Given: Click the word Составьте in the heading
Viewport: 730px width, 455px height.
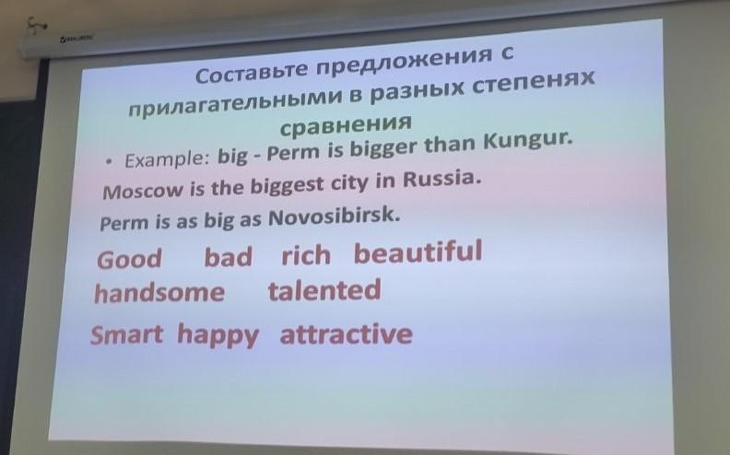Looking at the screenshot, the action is pos(252,72).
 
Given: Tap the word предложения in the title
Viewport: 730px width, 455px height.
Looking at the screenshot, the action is pos(404,61).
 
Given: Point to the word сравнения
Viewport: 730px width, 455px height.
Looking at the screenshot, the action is pos(346,124).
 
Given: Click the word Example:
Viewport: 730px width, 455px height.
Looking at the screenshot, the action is pos(167,159).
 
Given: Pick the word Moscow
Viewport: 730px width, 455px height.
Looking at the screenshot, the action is pos(143,191).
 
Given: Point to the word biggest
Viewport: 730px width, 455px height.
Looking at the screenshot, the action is pos(287,186).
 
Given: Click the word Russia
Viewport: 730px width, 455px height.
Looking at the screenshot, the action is pos(441,179).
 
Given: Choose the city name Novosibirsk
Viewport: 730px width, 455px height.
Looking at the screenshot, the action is pos(335,217).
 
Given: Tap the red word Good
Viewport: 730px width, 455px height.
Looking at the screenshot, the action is pos(129,259).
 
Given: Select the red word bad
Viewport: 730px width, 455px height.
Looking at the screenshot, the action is pos(229,257).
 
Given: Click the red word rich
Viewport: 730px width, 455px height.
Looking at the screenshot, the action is pos(306,255).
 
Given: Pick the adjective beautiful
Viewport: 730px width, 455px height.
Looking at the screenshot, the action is pos(418,251).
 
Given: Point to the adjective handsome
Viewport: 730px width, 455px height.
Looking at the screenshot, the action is pos(159,293).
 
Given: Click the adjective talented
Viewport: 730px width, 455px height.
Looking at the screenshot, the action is pos(324,289).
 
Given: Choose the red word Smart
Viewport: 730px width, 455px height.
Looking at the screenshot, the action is pos(126,335).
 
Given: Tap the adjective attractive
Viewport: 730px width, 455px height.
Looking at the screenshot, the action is pos(347,334).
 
